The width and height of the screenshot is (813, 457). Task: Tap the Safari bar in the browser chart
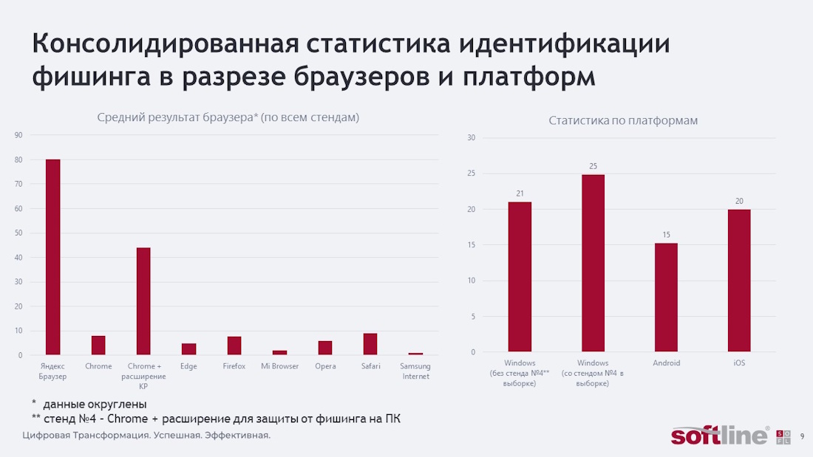[370, 344]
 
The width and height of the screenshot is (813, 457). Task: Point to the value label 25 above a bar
[593, 166]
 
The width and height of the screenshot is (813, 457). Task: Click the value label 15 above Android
[666, 235]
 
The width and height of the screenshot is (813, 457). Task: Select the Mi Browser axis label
[280, 366]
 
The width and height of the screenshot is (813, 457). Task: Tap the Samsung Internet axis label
[415, 371]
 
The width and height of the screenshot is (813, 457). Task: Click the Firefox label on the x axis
[234, 366]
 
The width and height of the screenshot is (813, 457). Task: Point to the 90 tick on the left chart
[18, 135]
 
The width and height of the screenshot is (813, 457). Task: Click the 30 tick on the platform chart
[471, 138]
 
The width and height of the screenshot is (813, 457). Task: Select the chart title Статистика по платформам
[623, 120]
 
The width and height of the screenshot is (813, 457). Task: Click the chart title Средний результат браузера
[228, 117]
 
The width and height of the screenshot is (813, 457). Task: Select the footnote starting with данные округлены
[95, 405]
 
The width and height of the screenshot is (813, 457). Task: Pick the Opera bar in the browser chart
[325, 348]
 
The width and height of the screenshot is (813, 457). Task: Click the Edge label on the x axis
[188, 366]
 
